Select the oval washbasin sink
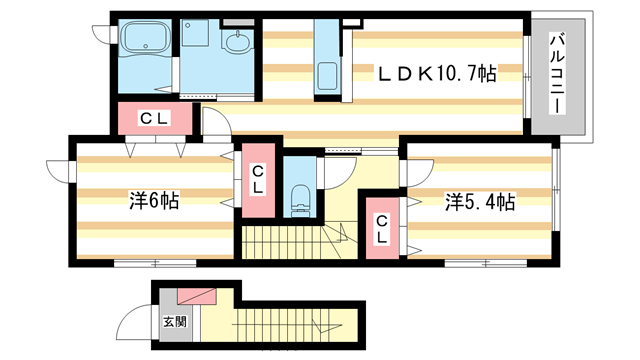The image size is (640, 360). tap(238, 43)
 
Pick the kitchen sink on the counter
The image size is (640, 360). tap(326, 76)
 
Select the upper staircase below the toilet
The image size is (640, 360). tap(290, 241)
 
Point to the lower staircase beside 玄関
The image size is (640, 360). tap(290, 324)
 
